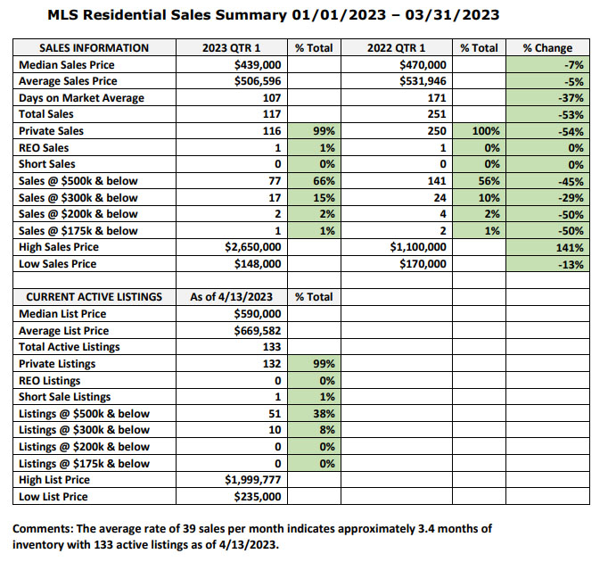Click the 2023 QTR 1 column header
point(231,48)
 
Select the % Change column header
point(547,48)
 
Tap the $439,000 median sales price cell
point(258,64)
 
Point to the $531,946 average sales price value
point(423,81)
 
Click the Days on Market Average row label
point(81,98)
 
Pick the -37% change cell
point(571,98)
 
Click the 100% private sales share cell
point(486,131)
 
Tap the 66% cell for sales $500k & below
point(324,181)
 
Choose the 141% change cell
point(570,247)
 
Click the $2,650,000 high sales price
point(253,247)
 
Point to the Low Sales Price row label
point(57,264)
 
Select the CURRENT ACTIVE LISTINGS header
point(94,297)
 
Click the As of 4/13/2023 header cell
point(232,297)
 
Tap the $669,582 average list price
point(258,331)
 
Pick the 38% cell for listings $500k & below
point(324,414)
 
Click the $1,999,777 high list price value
point(253,480)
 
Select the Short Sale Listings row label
point(65,397)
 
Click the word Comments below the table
point(43,529)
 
